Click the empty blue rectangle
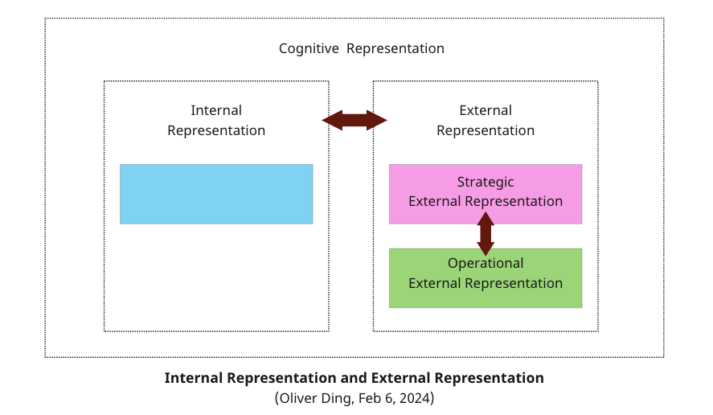pyautogui.click(x=216, y=194)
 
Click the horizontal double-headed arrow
pyautogui.click(x=354, y=121)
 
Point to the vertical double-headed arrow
pyautogui.click(x=486, y=233)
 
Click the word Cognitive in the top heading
pyautogui.click(x=309, y=48)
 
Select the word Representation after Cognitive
pyautogui.click(x=395, y=48)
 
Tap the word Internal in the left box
pyautogui.click(x=216, y=110)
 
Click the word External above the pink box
pyautogui.click(x=486, y=110)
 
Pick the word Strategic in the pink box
pyautogui.click(x=486, y=182)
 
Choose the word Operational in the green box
pyautogui.click(x=486, y=263)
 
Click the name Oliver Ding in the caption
pyautogui.click(x=314, y=398)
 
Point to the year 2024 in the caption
pyautogui.click(x=413, y=398)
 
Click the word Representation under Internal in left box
pyautogui.click(x=216, y=130)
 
